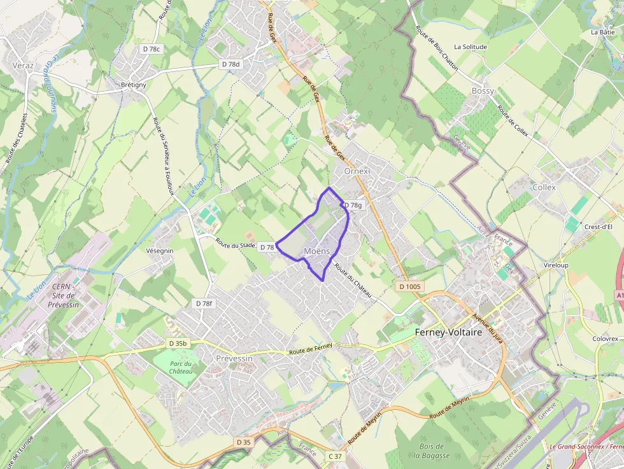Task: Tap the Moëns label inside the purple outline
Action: point(317,251)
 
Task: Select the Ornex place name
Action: point(356,171)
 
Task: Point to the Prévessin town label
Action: point(234,358)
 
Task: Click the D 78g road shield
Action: point(352,205)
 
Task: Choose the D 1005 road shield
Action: point(410,286)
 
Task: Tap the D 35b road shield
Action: point(179,343)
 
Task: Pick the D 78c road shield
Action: point(152,49)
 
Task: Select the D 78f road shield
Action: point(203,304)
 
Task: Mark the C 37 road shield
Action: point(335,456)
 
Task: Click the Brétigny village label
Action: point(134,85)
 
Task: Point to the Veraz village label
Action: point(23,65)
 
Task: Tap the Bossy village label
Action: point(483,91)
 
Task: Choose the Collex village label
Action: point(544,187)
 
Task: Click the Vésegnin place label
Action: point(160,251)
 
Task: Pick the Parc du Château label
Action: point(181,367)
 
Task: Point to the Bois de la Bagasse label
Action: point(431,451)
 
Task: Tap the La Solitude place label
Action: point(471,47)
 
